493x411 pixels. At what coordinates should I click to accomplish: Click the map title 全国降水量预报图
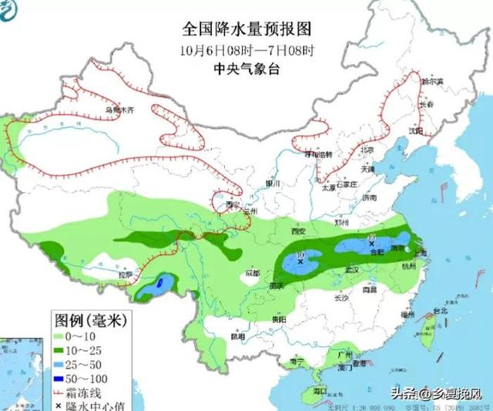click(246, 30)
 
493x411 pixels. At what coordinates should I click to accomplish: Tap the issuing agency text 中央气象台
click(246, 68)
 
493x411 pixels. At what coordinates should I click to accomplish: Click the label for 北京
click(367, 150)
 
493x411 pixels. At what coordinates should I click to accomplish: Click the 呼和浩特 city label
click(318, 154)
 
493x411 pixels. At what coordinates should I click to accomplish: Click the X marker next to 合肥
click(371, 243)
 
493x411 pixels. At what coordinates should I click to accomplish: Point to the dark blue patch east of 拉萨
click(159, 285)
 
